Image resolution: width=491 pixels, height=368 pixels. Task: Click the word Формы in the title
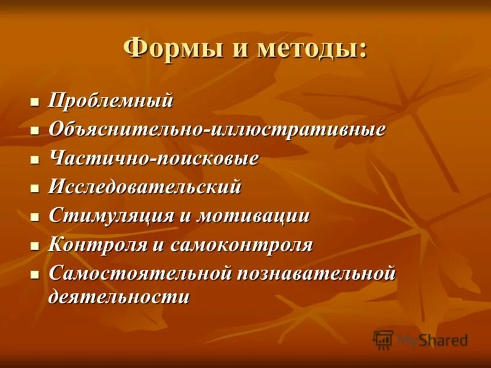166,48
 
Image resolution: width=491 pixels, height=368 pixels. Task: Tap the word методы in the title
310,48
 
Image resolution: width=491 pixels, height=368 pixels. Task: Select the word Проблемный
110,101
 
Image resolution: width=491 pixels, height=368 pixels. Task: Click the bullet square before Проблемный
35,101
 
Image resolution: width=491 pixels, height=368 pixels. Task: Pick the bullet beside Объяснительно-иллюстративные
35,130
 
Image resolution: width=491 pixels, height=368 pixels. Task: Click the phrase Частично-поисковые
153,158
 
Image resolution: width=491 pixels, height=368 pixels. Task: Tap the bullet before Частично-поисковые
35,159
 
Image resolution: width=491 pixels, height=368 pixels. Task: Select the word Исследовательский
145,187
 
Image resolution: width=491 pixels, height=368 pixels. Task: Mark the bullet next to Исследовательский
35,188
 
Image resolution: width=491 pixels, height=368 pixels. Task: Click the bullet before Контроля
35,245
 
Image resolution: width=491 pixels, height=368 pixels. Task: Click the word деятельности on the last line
119,297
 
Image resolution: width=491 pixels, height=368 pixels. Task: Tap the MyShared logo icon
384,339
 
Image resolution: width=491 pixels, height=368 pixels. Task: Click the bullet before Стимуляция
35,217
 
